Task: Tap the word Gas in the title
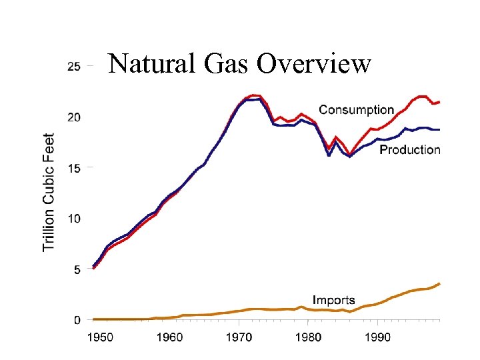(x=229, y=64)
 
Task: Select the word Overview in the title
(x=314, y=64)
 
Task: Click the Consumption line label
(x=356, y=109)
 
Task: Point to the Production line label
(x=410, y=150)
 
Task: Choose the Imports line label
(x=333, y=301)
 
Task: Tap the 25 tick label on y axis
(x=73, y=67)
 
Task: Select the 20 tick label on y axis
(x=73, y=117)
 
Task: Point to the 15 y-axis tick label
(x=73, y=168)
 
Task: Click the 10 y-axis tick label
(x=73, y=219)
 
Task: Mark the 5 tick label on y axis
(x=77, y=269)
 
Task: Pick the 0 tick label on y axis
(x=77, y=320)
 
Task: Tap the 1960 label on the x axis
(x=169, y=338)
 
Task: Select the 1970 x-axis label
(x=238, y=338)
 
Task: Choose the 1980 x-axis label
(x=307, y=338)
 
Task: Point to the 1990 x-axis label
(x=377, y=338)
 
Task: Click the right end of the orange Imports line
(x=439, y=283)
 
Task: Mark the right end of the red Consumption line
(x=439, y=102)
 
